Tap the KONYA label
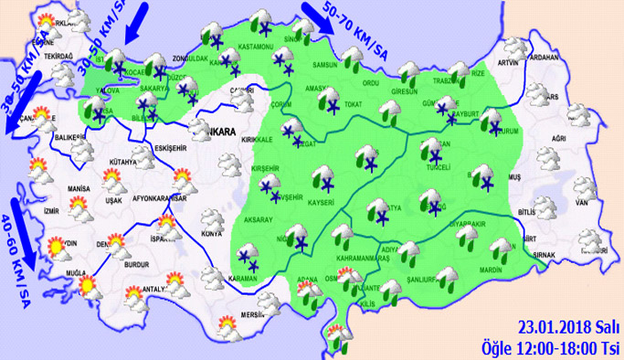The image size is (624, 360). (212, 235)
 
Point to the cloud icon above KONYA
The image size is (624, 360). (213, 219)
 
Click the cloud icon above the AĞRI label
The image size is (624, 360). (576, 115)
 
